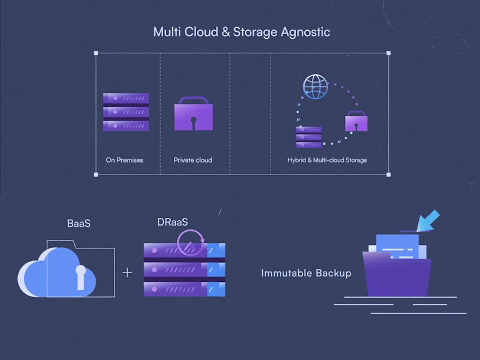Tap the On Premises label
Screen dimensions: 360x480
click(125, 160)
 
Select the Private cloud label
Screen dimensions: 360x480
click(193, 160)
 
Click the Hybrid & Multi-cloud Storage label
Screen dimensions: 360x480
click(327, 160)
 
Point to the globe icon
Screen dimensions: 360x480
click(316, 87)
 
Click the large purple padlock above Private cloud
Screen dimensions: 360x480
click(193, 115)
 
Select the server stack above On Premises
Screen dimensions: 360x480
click(126, 112)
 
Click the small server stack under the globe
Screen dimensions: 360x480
click(308, 137)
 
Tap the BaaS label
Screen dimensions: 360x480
click(79, 224)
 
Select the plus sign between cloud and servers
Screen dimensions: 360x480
click(127, 272)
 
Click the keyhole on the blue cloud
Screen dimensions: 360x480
click(80, 276)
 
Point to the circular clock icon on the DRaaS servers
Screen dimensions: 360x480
click(191, 242)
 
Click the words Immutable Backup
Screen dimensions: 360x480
click(306, 273)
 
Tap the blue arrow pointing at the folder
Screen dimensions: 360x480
click(428, 221)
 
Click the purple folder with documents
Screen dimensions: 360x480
click(397, 273)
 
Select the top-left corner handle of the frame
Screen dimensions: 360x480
click(96, 53)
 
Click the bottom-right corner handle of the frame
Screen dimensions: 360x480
click(388, 175)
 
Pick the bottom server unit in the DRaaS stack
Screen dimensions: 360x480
click(184, 289)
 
